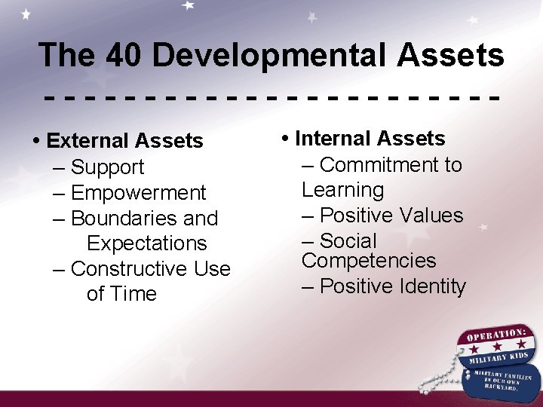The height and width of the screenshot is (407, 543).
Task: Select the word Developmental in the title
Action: [264, 55]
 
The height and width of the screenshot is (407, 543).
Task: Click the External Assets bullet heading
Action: [124, 141]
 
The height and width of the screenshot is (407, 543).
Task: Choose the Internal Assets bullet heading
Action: [370, 139]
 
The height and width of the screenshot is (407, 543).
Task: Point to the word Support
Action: [107, 167]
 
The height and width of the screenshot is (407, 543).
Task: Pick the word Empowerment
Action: [138, 193]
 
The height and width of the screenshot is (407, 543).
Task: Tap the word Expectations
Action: [146, 243]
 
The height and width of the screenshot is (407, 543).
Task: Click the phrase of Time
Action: [121, 294]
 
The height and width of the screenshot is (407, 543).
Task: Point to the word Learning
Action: [342, 190]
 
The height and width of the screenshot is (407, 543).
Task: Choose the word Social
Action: [348, 241]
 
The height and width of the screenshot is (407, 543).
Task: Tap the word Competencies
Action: [369, 261]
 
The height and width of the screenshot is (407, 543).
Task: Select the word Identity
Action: [425, 286]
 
